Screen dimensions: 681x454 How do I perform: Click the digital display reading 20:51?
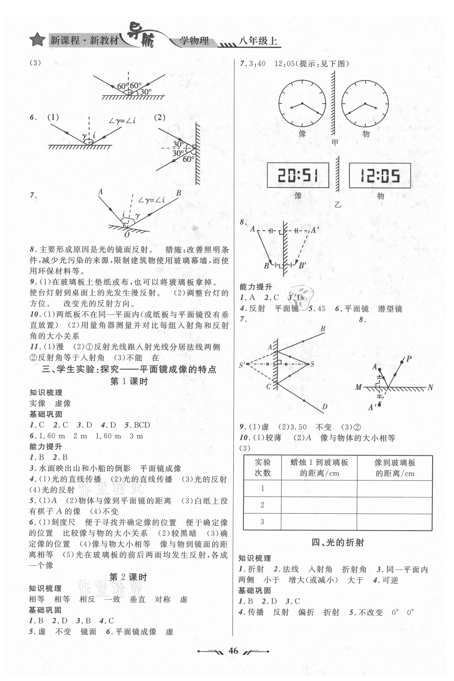[298, 175]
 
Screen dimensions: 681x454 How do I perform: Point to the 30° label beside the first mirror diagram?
[146, 92]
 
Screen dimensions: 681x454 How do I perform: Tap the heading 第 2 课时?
[128, 577]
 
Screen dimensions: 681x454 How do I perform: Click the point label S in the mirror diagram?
[312, 364]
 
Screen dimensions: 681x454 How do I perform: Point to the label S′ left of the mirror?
[242, 365]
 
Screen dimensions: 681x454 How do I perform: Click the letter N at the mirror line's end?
[430, 387]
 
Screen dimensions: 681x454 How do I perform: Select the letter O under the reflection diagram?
[127, 235]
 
